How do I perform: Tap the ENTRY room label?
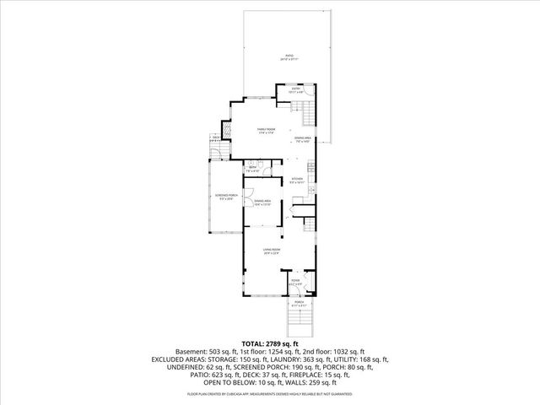pyautogui.click(x=296, y=89)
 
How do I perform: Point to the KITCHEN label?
pyautogui.click(x=297, y=181)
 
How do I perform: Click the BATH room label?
pyautogui.click(x=252, y=169)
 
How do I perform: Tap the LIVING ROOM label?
pyautogui.click(x=271, y=251)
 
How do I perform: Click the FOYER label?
pyautogui.click(x=295, y=282)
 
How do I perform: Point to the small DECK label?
pyautogui.click(x=216, y=138)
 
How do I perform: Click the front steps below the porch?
pyautogui.click(x=299, y=323)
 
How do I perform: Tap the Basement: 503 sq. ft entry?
pyautogui.click(x=203, y=352)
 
